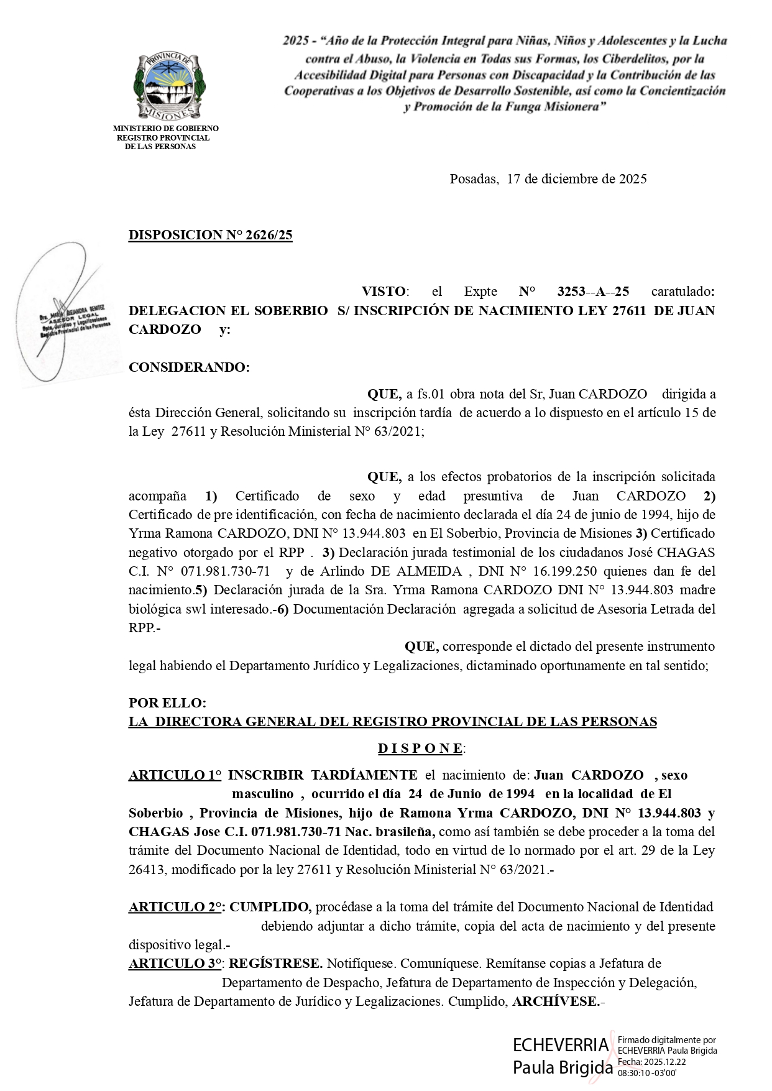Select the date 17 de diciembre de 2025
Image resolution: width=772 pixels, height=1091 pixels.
click(x=577, y=179)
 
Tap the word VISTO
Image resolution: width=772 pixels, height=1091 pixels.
click(x=384, y=292)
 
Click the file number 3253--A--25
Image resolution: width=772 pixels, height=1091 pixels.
click(x=593, y=292)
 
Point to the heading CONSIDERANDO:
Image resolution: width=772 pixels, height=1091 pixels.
click(x=189, y=367)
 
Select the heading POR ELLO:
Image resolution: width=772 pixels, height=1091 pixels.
click(x=167, y=703)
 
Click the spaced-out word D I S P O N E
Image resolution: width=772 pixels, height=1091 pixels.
click(x=420, y=748)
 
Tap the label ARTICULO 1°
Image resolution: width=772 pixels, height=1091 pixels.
click(x=175, y=775)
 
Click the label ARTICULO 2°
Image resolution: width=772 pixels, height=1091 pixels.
click(x=175, y=907)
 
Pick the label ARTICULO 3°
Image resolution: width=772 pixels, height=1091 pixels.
click(x=175, y=964)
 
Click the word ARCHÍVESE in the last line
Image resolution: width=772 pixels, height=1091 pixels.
click(x=556, y=1001)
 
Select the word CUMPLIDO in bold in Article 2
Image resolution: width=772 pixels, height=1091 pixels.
click(x=269, y=907)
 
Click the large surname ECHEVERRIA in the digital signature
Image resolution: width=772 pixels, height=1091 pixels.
click(x=561, y=1044)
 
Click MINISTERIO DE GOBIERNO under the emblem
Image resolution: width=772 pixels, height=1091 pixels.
click(x=165, y=129)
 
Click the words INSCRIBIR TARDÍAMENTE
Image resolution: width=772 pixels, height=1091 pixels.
click(x=323, y=775)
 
